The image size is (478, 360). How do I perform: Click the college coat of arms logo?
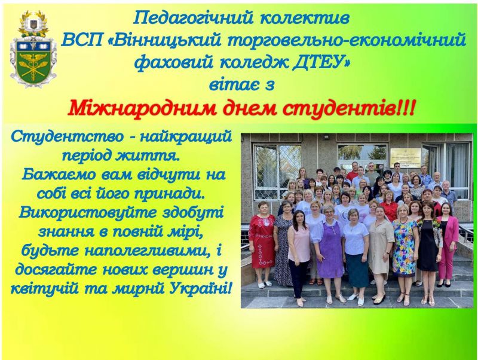(x=33, y=49)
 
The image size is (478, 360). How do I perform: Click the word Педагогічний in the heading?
(x=193, y=19)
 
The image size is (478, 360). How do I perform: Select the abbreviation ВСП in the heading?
(x=82, y=41)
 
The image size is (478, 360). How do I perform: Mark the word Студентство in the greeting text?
(x=68, y=136)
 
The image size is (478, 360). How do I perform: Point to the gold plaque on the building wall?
(x=406, y=158)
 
